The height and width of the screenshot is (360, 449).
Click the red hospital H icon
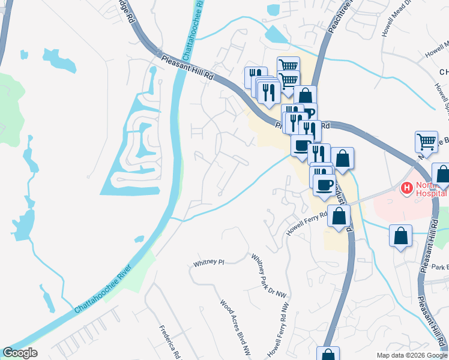click(408, 188)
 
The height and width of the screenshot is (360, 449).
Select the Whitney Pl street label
click(208, 263)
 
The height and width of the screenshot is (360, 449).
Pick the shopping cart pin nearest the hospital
click(426, 142)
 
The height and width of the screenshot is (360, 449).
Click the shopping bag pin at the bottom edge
click(328, 355)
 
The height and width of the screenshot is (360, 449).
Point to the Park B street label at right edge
click(439, 266)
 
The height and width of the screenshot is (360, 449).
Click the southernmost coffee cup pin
click(324, 184)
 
